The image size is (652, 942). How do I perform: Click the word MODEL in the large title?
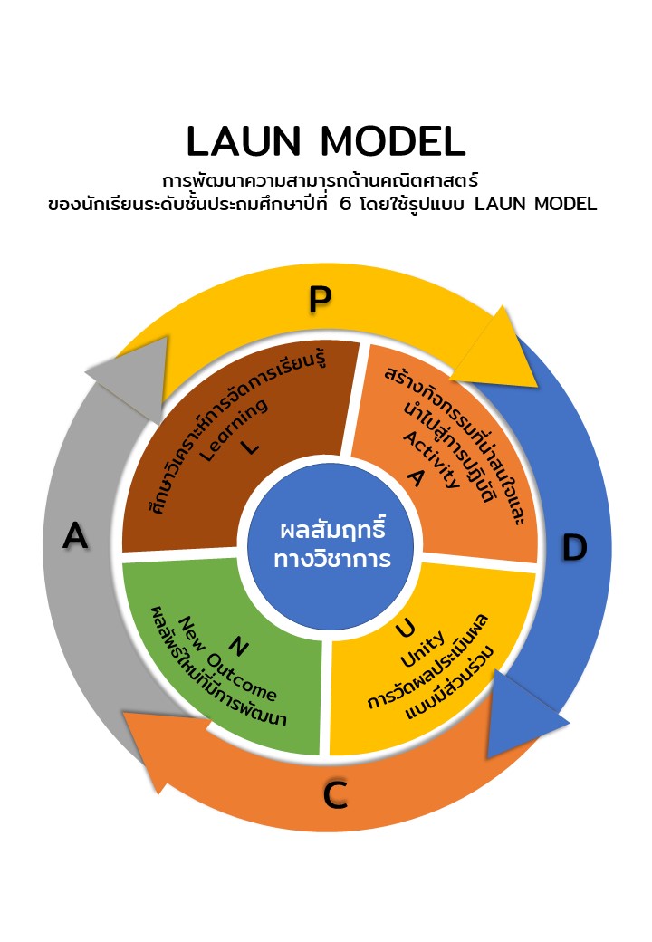393,141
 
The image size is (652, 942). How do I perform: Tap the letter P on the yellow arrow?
319,299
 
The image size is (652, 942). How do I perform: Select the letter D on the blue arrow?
574,548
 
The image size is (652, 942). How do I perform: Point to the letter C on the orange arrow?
335,795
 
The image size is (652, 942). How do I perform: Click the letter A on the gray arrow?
75,536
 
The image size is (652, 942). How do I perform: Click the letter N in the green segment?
238,645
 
